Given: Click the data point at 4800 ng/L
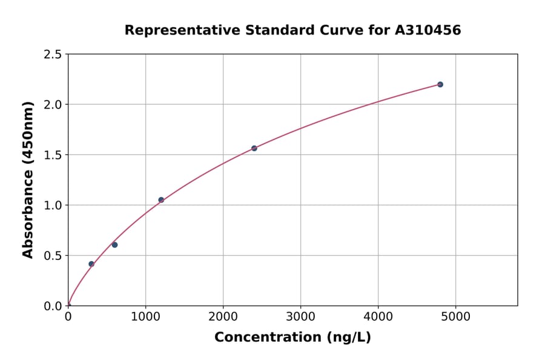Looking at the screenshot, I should pos(440,84).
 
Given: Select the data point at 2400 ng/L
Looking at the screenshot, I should pos(254,148).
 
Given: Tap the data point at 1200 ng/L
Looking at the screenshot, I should pos(161,200).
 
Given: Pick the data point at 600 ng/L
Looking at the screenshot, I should pos(114,245).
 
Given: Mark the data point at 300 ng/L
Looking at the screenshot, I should pos(91,264).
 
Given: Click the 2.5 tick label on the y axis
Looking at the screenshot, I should pos(53,55).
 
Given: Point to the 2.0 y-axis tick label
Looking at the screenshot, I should pos(53,105).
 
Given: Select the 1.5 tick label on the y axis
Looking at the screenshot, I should pos(53,155).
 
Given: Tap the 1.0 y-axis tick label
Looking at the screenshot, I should pos(53,205).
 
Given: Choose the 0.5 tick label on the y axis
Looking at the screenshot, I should pos(53,256).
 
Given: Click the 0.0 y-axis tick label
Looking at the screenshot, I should pos(53,306).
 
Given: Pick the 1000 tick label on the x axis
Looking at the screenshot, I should pos(145,316).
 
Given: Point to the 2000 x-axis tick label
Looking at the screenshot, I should pos(223,316).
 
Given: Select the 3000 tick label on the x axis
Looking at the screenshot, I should pos(301,316).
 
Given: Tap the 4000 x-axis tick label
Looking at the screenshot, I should pos(378,316).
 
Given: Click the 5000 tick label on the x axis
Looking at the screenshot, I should pos(456,316).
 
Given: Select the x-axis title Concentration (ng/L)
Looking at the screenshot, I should pos(292,338).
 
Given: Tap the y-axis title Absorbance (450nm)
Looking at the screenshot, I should pos(28,180).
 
